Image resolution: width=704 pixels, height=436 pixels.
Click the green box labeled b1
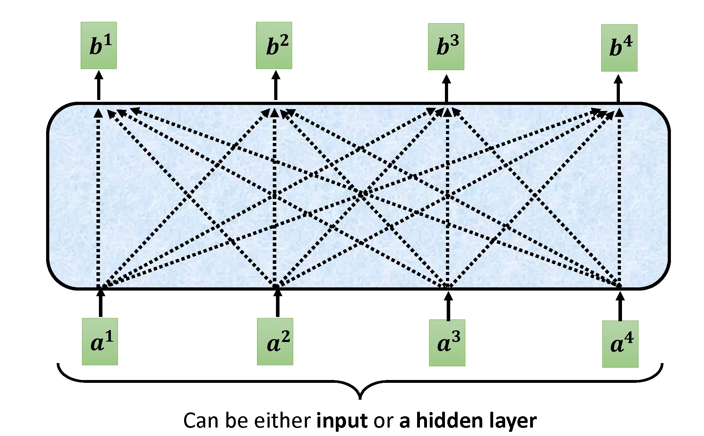(x=99, y=45)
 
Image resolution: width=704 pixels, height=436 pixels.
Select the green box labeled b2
(x=274, y=45)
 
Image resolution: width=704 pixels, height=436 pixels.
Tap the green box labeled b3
(x=446, y=46)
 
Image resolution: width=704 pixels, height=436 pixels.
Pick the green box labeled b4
(x=619, y=48)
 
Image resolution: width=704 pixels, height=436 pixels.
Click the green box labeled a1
(x=100, y=342)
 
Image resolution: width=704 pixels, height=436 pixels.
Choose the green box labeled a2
(x=275, y=342)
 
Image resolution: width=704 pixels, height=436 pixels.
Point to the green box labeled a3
(x=447, y=343)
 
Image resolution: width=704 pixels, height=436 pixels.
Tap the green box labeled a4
(x=620, y=344)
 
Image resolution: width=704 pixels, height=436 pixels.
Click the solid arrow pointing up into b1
(x=99, y=86)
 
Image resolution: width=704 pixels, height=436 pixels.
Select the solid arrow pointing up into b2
(x=276, y=86)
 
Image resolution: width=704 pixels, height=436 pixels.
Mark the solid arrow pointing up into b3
(x=446, y=88)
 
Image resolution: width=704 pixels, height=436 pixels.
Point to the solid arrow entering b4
(x=618, y=88)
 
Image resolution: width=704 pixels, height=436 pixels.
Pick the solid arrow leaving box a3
(x=448, y=306)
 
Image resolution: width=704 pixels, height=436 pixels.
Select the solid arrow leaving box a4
(x=620, y=306)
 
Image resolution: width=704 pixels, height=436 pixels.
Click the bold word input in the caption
(x=342, y=421)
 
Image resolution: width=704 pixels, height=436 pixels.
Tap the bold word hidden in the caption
(x=444, y=421)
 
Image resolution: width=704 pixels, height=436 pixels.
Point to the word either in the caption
(x=282, y=421)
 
